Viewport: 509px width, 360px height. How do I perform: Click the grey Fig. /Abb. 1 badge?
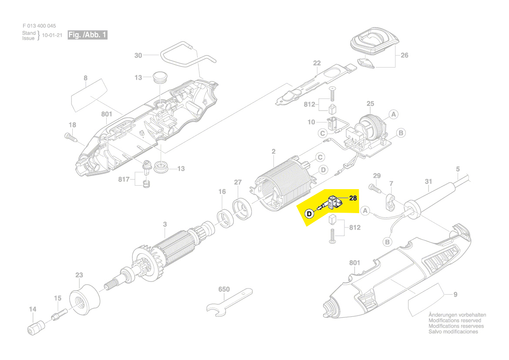pos(87,35)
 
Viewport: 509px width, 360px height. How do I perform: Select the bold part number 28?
pos(353,198)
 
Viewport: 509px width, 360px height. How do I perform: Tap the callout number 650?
pos(224,289)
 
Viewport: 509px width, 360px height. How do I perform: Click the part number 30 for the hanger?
pos(138,55)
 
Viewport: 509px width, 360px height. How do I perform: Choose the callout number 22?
pos(317,63)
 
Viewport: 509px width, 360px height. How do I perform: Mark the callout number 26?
pos(405,55)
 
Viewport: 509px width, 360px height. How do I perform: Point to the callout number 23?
pos(79,275)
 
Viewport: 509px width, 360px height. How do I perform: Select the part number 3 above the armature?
pos(165,224)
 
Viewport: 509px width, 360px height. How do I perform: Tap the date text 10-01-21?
pos(52,35)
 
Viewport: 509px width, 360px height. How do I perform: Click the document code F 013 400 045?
pos(39,26)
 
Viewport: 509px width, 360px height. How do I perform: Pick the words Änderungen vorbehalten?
pos(457,315)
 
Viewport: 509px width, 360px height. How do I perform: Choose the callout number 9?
pos(455,295)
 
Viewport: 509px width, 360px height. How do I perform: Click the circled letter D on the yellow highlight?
pos(309,214)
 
